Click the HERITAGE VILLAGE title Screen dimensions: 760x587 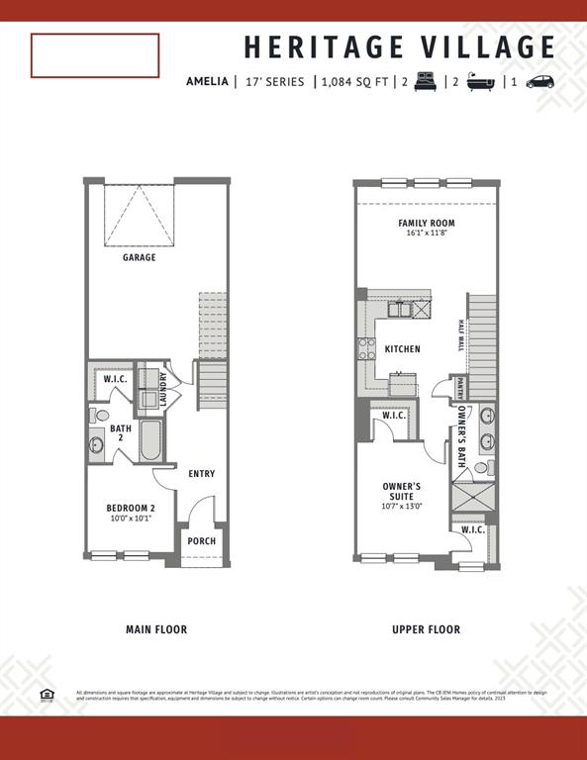[399, 47]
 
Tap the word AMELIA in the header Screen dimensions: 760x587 [207, 82]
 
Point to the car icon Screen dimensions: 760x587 [540, 82]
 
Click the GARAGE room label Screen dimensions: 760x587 [140, 257]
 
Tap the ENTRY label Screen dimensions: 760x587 [202, 474]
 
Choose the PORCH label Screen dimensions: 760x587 [202, 541]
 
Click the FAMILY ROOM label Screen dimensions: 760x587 [427, 229]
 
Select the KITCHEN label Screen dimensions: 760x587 [403, 349]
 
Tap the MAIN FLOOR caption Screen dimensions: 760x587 [156, 629]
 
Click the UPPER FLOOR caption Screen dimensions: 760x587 [426, 629]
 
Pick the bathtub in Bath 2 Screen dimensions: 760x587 [149, 440]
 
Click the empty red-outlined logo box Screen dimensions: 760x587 [95, 55]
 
